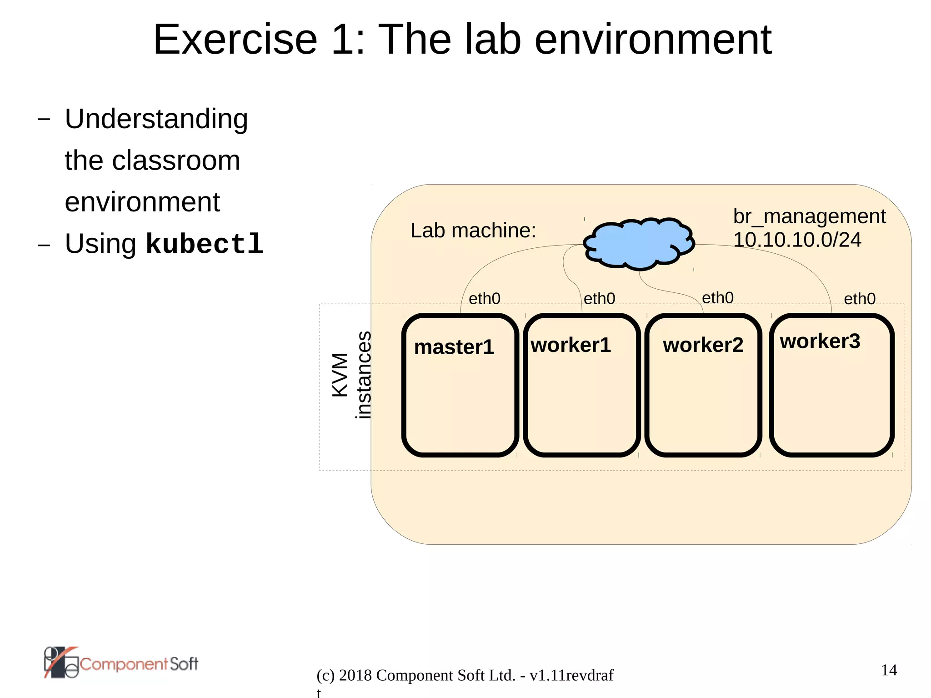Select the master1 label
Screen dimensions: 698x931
pos(454,347)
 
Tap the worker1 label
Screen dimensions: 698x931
pos(571,345)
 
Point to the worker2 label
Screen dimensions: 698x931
pos(703,345)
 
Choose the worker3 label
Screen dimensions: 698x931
pos(820,341)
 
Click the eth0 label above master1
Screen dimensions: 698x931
pos(484,299)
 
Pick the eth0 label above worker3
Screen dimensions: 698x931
pos(859,299)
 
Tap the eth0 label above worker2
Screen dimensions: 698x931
pos(717,298)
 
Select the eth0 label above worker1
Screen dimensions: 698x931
pos(599,299)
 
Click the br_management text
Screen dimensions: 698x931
pos(809,216)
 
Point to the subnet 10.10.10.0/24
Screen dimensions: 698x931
pos(797,240)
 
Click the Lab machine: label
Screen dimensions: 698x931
pos(473,231)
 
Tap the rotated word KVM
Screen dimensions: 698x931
pos(340,375)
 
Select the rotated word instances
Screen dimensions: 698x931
pos(363,375)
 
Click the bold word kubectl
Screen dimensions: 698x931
pos(205,244)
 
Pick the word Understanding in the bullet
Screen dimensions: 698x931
pos(156,119)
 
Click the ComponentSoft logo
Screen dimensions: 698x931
pos(121,663)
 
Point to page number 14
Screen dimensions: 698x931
pos(889,670)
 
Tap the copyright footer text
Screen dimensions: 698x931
pos(465,676)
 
